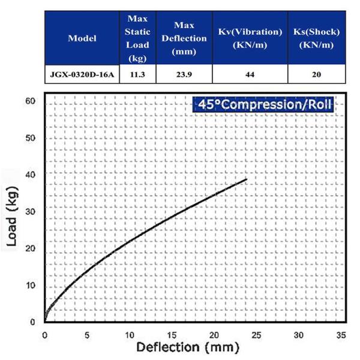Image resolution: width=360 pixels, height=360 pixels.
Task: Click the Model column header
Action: point(82,38)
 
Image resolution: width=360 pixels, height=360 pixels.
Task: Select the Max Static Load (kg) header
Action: point(138,38)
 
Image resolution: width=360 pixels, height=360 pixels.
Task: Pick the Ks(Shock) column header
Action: point(317,38)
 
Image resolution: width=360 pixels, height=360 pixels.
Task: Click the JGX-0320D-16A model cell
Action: point(82,75)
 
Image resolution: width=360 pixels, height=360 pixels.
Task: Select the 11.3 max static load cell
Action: point(138,75)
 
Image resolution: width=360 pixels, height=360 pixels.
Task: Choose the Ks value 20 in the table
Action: point(317,75)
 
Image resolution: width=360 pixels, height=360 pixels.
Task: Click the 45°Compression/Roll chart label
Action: point(263,104)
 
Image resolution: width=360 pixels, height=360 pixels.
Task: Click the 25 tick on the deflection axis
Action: point(257,334)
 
